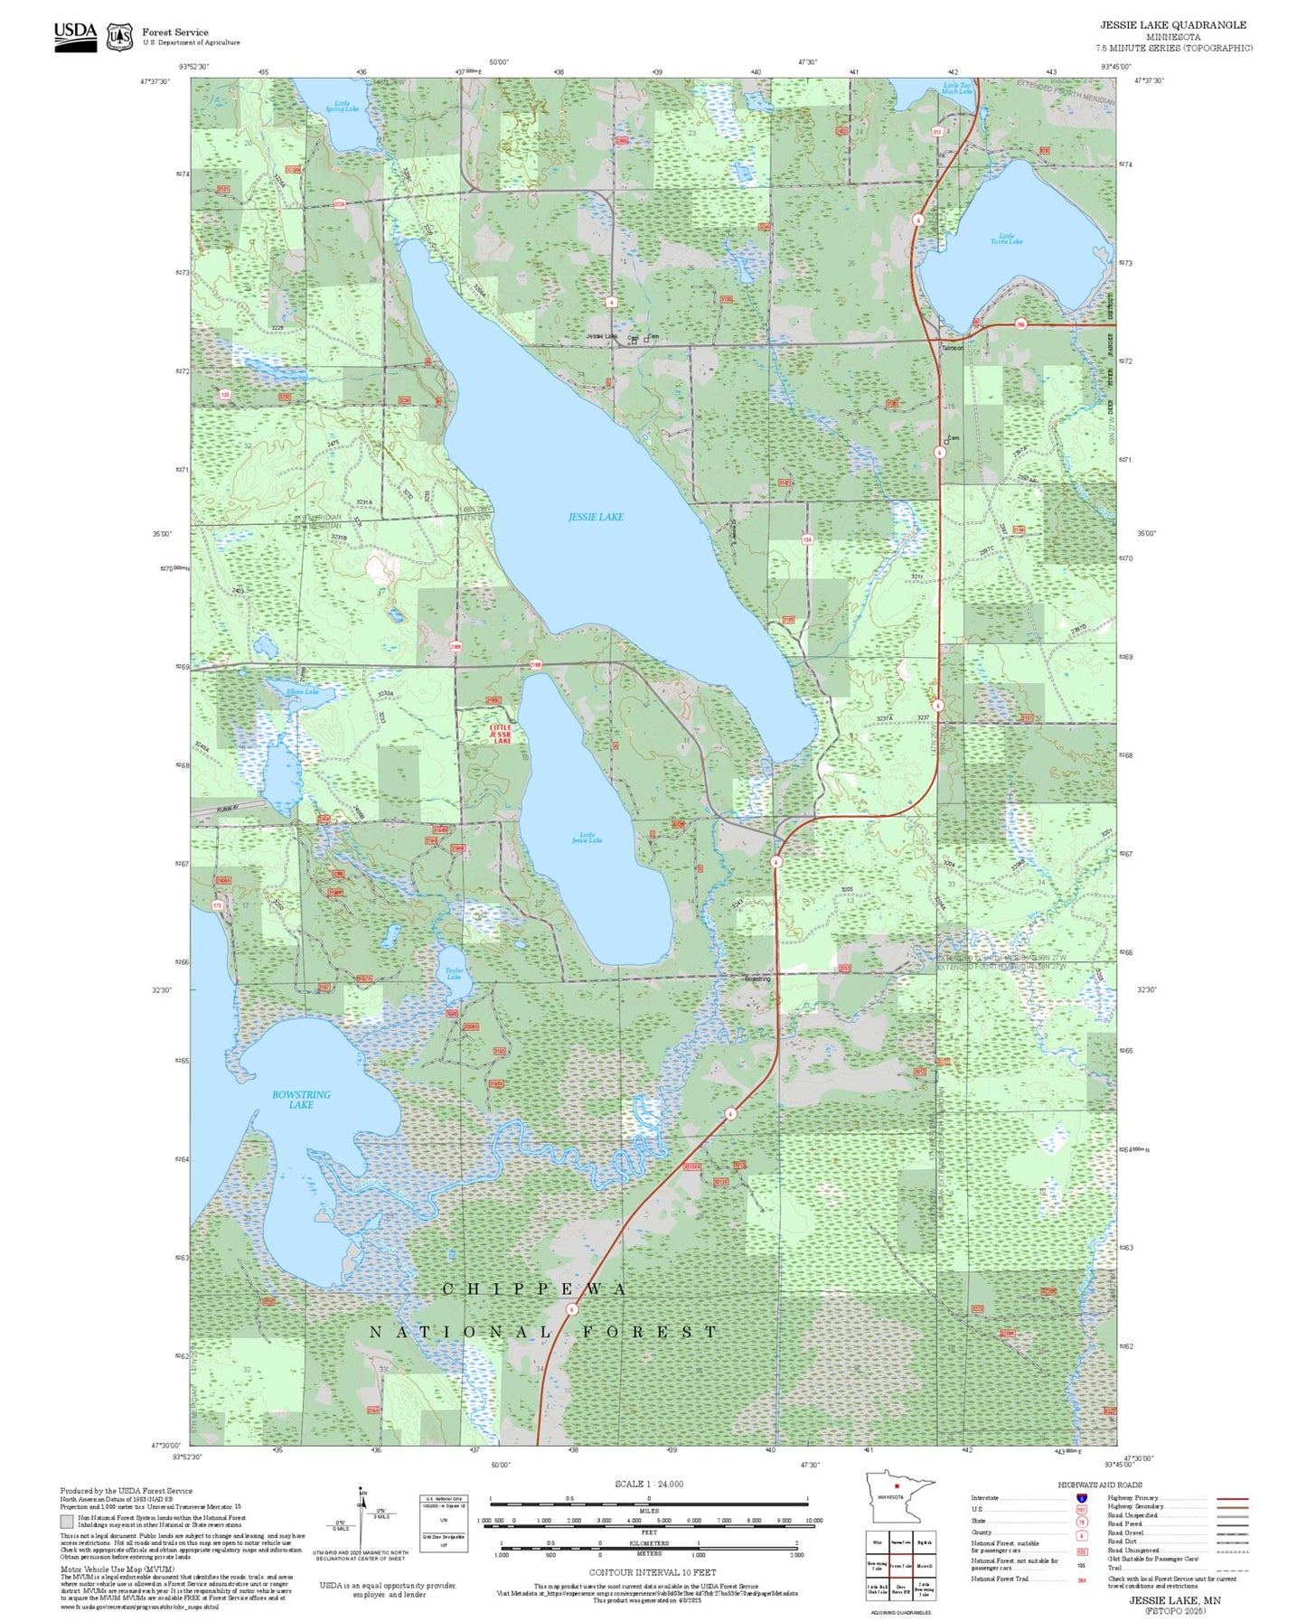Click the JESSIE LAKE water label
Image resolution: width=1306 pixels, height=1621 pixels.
[x=596, y=517]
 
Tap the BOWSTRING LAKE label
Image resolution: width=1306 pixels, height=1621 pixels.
[x=301, y=1099]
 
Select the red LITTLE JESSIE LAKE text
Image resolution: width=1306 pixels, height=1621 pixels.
[x=501, y=734]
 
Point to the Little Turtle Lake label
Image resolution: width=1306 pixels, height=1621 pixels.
[x=1006, y=239]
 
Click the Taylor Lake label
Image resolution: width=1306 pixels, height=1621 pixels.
[x=454, y=974]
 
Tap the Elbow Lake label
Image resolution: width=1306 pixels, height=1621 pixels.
[x=302, y=692]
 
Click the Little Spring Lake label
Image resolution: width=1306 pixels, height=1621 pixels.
[x=342, y=106]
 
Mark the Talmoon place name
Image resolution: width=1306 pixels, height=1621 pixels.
[x=952, y=348]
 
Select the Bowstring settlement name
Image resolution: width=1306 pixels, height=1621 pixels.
[x=757, y=979]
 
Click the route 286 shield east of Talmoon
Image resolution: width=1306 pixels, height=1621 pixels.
[x=1020, y=324]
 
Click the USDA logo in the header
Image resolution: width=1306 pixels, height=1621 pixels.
[x=75, y=36]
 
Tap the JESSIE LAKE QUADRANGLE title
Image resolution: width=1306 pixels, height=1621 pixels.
[x=1172, y=25]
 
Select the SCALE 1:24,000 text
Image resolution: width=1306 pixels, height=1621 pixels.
[x=648, y=1484]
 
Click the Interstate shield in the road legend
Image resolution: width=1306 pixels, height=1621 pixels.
[x=1081, y=1498]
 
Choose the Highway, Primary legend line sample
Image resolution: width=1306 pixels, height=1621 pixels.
[x=1232, y=1498]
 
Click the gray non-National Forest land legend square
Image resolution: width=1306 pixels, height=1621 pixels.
[x=67, y=1522]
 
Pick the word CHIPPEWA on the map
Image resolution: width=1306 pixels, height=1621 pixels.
[x=534, y=1289]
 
